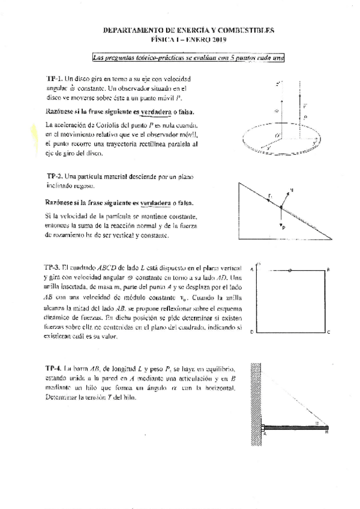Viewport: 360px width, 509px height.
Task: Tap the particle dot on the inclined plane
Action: tap(280, 207)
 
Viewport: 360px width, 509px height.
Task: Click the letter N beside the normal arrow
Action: tap(291, 190)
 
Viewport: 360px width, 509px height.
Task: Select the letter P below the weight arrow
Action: tap(283, 227)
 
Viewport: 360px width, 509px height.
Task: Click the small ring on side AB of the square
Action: tap(290, 271)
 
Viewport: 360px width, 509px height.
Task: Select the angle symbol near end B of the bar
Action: tap(316, 423)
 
